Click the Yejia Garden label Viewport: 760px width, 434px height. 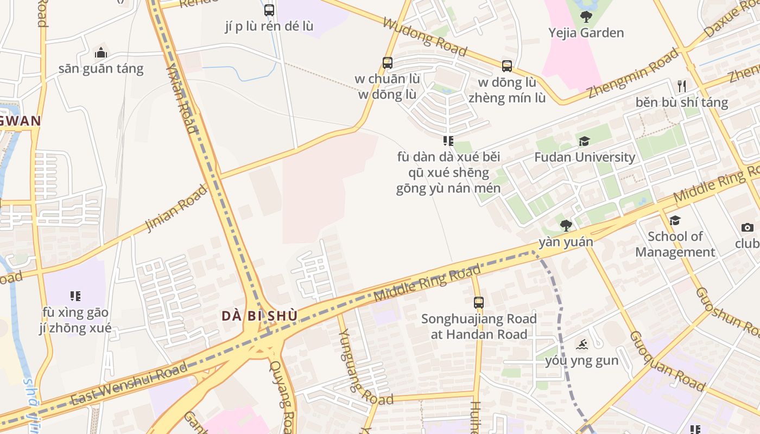(586, 33)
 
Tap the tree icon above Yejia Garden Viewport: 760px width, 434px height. (586, 17)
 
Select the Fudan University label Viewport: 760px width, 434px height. (585, 157)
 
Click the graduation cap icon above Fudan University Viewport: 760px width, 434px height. (584, 142)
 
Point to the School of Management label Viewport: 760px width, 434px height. (675, 244)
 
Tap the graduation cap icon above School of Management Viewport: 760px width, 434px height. (675, 220)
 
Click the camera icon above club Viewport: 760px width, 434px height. (748, 228)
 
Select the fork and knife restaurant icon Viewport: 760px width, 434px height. (682, 86)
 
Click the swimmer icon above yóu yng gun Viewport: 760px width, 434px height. (582, 344)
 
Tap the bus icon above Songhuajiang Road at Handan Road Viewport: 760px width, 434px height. (478, 303)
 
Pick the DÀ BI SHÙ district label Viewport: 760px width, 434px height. (259, 316)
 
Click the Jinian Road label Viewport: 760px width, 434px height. (176, 208)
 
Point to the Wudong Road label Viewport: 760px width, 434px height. (425, 37)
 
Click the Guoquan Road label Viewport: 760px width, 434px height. (667, 361)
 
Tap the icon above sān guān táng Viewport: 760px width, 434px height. (101, 53)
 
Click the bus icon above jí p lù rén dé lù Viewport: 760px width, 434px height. (269, 10)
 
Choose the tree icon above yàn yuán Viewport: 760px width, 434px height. (566, 225)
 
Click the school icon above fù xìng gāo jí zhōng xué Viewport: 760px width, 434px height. (75, 296)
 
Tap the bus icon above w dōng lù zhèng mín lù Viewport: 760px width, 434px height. (507, 66)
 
